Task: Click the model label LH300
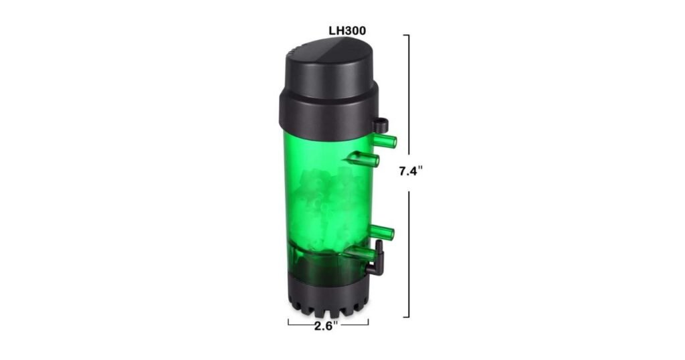click(x=347, y=31)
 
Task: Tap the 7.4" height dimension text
click(x=411, y=171)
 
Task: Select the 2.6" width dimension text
click(x=326, y=326)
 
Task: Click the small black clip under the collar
click(x=380, y=125)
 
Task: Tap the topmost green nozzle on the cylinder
click(x=385, y=141)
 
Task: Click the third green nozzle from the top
click(x=382, y=233)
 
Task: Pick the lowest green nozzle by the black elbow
click(x=359, y=252)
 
